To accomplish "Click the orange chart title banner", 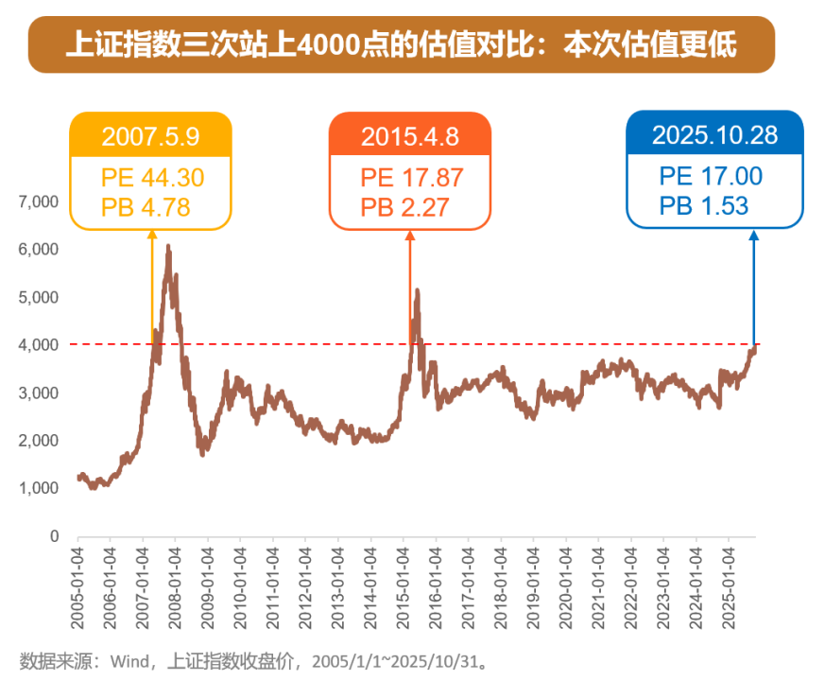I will click(x=402, y=44).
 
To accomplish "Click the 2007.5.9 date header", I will click(x=150, y=135).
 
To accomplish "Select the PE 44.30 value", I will click(x=152, y=177).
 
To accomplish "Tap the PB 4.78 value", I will click(x=146, y=206).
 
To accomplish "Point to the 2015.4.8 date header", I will click(x=409, y=135).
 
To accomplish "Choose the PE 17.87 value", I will click(x=411, y=177).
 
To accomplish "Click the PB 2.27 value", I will click(x=404, y=206).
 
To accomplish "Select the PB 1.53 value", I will click(x=703, y=205).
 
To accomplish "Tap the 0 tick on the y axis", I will click(x=55, y=536).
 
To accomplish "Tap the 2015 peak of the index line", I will click(x=417, y=291).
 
